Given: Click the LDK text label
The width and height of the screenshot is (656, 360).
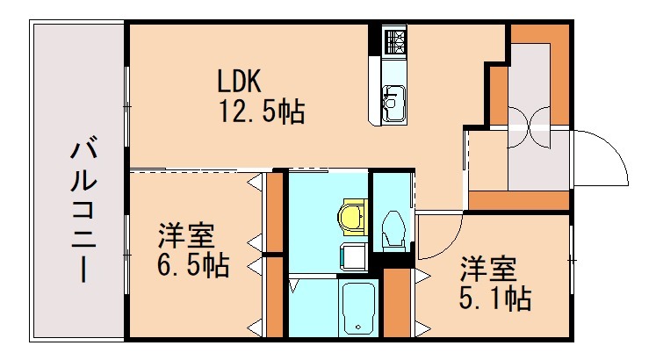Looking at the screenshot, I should (x=240, y=82).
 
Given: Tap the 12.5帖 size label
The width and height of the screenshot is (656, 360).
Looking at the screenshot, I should (x=262, y=112).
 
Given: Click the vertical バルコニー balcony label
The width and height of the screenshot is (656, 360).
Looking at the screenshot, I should (x=82, y=207).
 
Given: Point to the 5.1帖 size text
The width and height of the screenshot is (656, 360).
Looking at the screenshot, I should (x=494, y=298).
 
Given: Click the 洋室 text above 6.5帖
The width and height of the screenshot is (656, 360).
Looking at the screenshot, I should (x=186, y=236).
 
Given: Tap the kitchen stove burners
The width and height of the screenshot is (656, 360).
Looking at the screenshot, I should (x=393, y=40).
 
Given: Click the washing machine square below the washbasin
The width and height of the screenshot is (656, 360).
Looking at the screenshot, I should (x=354, y=257).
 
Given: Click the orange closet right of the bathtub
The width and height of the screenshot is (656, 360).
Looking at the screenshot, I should (x=398, y=303).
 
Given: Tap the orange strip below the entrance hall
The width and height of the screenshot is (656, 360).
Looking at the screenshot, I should (x=518, y=200).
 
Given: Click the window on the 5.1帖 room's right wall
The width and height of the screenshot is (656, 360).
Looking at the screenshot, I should (x=571, y=260).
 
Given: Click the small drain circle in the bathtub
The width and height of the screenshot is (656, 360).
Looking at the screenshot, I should (x=358, y=328).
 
